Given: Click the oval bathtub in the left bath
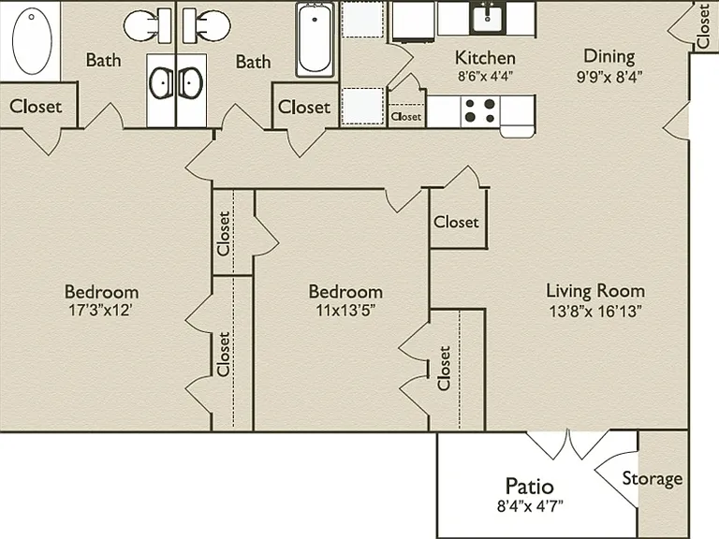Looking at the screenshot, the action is [x=32, y=41].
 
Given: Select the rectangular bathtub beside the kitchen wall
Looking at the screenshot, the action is [x=315, y=39].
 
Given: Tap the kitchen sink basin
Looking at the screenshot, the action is [x=488, y=18].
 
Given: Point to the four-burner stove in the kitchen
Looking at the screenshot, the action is [x=480, y=110].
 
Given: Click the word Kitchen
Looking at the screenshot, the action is [x=485, y=58].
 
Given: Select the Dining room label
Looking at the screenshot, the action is [x=609, y=56].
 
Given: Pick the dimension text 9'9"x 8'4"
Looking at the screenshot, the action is [x=609, y=77].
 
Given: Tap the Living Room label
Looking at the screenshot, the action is [x=595, y=291].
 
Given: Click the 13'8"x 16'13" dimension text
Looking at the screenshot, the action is [x=595, y=312].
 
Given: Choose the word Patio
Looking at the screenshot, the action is [x=529, y=486].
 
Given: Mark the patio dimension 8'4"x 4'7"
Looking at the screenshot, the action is [x=530, y=506].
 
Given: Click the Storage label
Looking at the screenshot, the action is [x=652, y=478].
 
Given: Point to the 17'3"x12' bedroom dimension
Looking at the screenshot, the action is [x=101, y=311].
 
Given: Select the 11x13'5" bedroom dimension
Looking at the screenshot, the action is [x=345, y=311].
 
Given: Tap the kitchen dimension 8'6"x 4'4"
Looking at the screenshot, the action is [x=485, y=76].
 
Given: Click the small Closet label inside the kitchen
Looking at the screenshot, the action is [x=405, y=117].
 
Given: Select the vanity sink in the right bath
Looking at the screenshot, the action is [x=190, y=83].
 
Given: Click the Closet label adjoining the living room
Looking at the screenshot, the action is [x=456, y=222].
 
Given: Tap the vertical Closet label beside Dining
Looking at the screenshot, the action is [x=703, y=26].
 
